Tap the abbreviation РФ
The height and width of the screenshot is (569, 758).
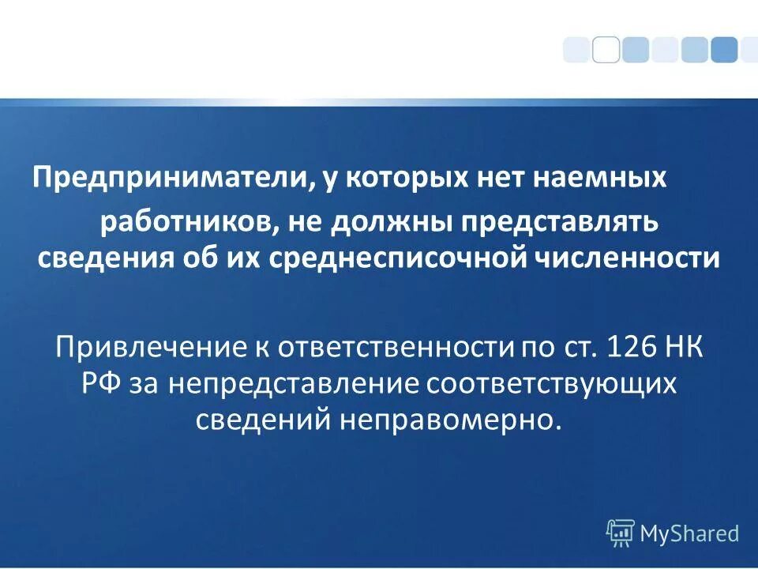[x=100, y=383]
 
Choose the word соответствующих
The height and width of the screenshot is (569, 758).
[x=553, y=383]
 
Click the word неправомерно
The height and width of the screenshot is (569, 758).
[x=451, y=420]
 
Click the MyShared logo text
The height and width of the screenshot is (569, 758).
[x=689, y=533]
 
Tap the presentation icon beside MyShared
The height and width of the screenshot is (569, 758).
[x=621, y=533]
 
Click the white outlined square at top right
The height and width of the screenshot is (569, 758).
[x=606, y=49]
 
